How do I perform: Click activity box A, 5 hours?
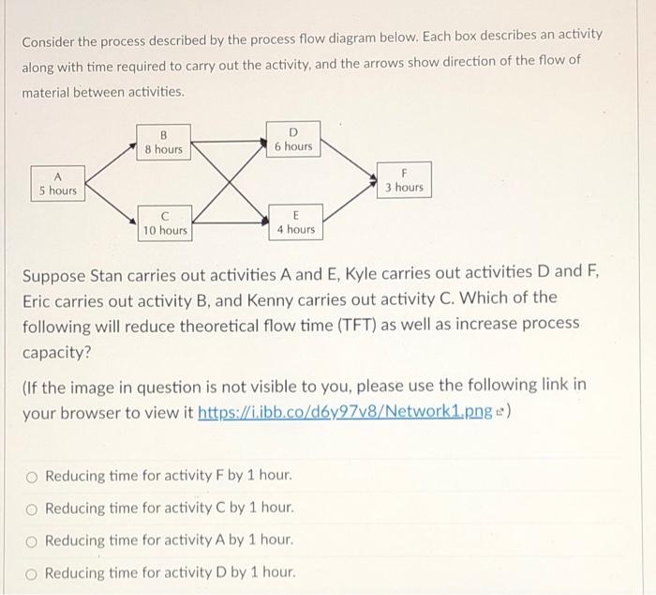57,183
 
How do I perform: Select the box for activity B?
163,142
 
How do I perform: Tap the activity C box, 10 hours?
164,222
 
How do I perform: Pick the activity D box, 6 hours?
293,139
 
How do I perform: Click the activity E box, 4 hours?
295,222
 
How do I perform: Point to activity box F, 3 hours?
404,180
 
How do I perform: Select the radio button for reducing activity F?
32,476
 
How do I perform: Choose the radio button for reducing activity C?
32,508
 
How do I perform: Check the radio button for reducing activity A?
32,541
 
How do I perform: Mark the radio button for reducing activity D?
32,572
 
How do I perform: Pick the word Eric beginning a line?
41,298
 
